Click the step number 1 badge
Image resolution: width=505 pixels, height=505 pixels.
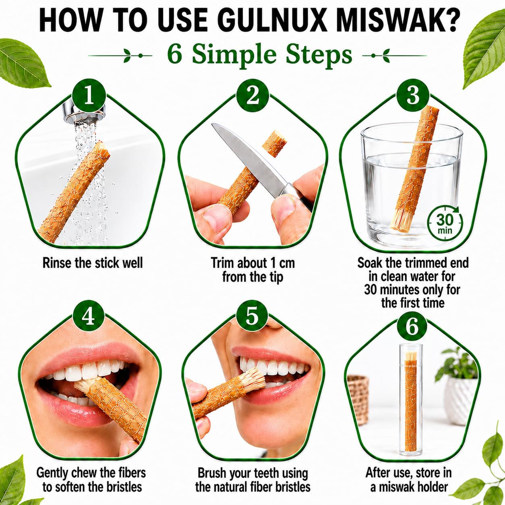[89, 96]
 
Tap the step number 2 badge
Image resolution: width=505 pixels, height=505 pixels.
[252, 96]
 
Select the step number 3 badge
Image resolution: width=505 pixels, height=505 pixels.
[413, 96]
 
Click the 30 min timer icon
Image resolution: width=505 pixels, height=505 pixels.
[445, 223]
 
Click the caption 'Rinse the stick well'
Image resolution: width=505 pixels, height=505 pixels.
[93, 263]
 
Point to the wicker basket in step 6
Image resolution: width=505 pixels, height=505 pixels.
[358, 398]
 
